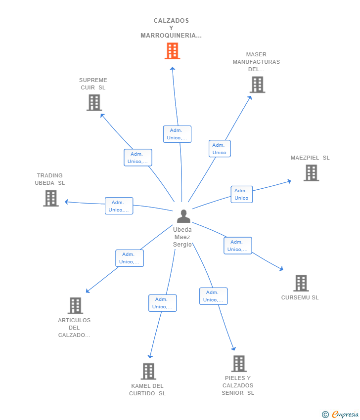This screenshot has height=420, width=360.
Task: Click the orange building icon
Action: [172, 51]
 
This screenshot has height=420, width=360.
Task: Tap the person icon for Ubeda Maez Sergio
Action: [183, 216]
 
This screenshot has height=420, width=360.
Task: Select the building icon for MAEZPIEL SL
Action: [311, 173]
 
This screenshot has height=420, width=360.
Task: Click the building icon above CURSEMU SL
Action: [301, 283]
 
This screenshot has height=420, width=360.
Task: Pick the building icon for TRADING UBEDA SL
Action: [51, 198]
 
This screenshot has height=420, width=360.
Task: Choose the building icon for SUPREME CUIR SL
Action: [94, 103]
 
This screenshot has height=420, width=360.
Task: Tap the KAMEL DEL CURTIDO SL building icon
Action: [148, 371]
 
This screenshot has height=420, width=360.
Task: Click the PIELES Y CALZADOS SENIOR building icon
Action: [239, 364]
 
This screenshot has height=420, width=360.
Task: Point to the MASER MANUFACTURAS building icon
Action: [257, 84]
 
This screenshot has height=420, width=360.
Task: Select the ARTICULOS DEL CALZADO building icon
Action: [75, 305]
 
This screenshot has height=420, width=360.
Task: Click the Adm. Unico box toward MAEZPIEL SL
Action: [241, 194]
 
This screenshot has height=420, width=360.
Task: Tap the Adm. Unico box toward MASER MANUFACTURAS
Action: [220, 149]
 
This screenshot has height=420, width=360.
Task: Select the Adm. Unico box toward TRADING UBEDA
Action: [119, 206]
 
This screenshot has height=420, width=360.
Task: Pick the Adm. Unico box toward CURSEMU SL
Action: [238, 246]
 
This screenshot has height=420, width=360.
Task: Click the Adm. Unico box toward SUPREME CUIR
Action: [138, 158]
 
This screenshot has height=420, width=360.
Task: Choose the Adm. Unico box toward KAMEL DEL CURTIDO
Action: [162, 303]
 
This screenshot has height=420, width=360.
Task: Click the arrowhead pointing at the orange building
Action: [173, 69]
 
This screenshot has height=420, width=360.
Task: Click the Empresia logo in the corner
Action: [340, 414]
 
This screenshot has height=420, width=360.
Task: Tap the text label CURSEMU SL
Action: [300, 297]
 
